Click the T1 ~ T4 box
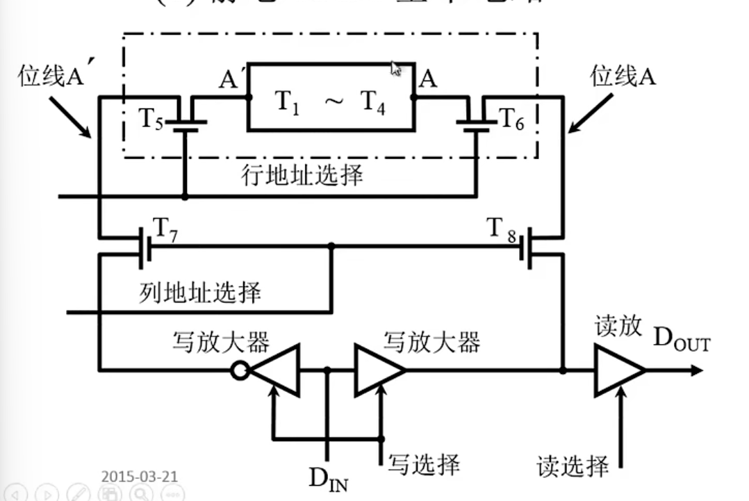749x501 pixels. [331, 97]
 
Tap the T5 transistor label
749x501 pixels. [151, 119]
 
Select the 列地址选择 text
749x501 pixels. [200, 292]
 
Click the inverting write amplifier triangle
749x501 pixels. [275, 370]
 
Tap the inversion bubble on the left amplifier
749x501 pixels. [240, 370]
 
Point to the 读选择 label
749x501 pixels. [573, 465]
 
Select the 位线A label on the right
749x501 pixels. [623, 76]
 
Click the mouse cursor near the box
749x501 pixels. [396, 69]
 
